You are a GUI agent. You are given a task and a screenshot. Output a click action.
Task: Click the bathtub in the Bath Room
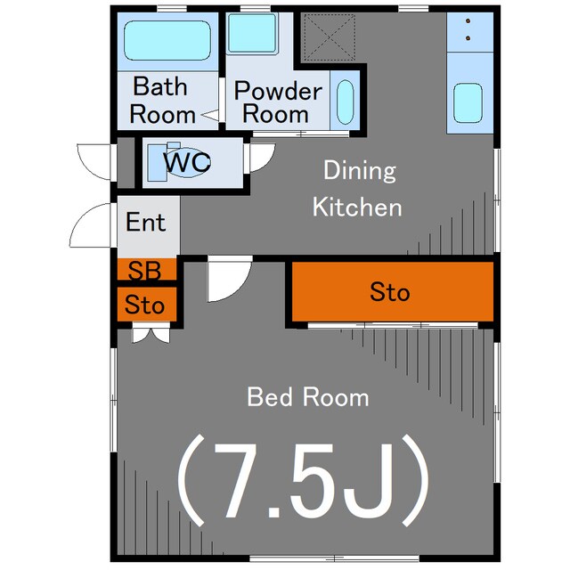167,40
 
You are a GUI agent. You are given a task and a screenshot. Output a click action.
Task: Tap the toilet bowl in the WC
187,163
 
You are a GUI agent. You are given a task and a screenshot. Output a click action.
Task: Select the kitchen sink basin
468,103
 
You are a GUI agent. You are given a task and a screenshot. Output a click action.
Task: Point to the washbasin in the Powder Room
345,102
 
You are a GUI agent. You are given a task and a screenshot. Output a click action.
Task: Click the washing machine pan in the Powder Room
251,33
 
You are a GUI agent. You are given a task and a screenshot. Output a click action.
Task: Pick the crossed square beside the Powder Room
330,37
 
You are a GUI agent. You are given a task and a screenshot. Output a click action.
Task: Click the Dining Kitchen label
358,189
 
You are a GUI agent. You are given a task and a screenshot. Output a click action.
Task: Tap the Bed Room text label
308,397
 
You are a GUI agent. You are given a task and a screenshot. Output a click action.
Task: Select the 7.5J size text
304,481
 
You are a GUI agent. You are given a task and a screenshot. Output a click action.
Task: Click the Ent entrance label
145,222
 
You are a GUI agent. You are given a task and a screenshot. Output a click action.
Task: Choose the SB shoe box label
144,271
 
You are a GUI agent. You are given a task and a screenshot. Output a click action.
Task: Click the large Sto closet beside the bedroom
393,291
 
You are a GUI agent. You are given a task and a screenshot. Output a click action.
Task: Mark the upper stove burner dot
468,21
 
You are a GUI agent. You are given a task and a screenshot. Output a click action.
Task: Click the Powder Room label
278,102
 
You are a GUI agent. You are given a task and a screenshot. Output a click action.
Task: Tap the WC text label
187,162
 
